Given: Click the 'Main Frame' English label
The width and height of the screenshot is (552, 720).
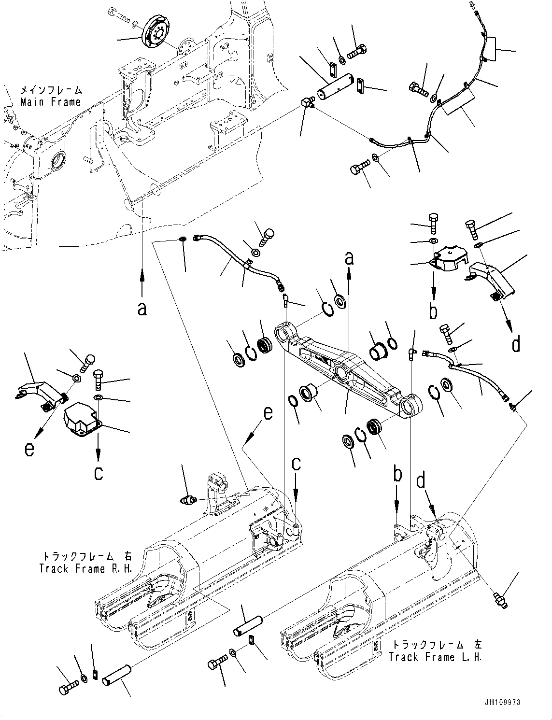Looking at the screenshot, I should [x=50, y=102].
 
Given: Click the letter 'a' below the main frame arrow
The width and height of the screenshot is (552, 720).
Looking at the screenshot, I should [x=142, y=308].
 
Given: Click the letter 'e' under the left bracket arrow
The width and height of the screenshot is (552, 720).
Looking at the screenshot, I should [x=30, y=450].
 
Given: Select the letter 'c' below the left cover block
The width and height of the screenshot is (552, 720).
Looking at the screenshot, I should [x=99, y=473].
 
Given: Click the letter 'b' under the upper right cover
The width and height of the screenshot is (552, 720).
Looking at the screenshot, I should [x=434, y=311].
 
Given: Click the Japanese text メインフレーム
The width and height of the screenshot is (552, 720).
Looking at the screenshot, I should [x=51, y=90].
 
